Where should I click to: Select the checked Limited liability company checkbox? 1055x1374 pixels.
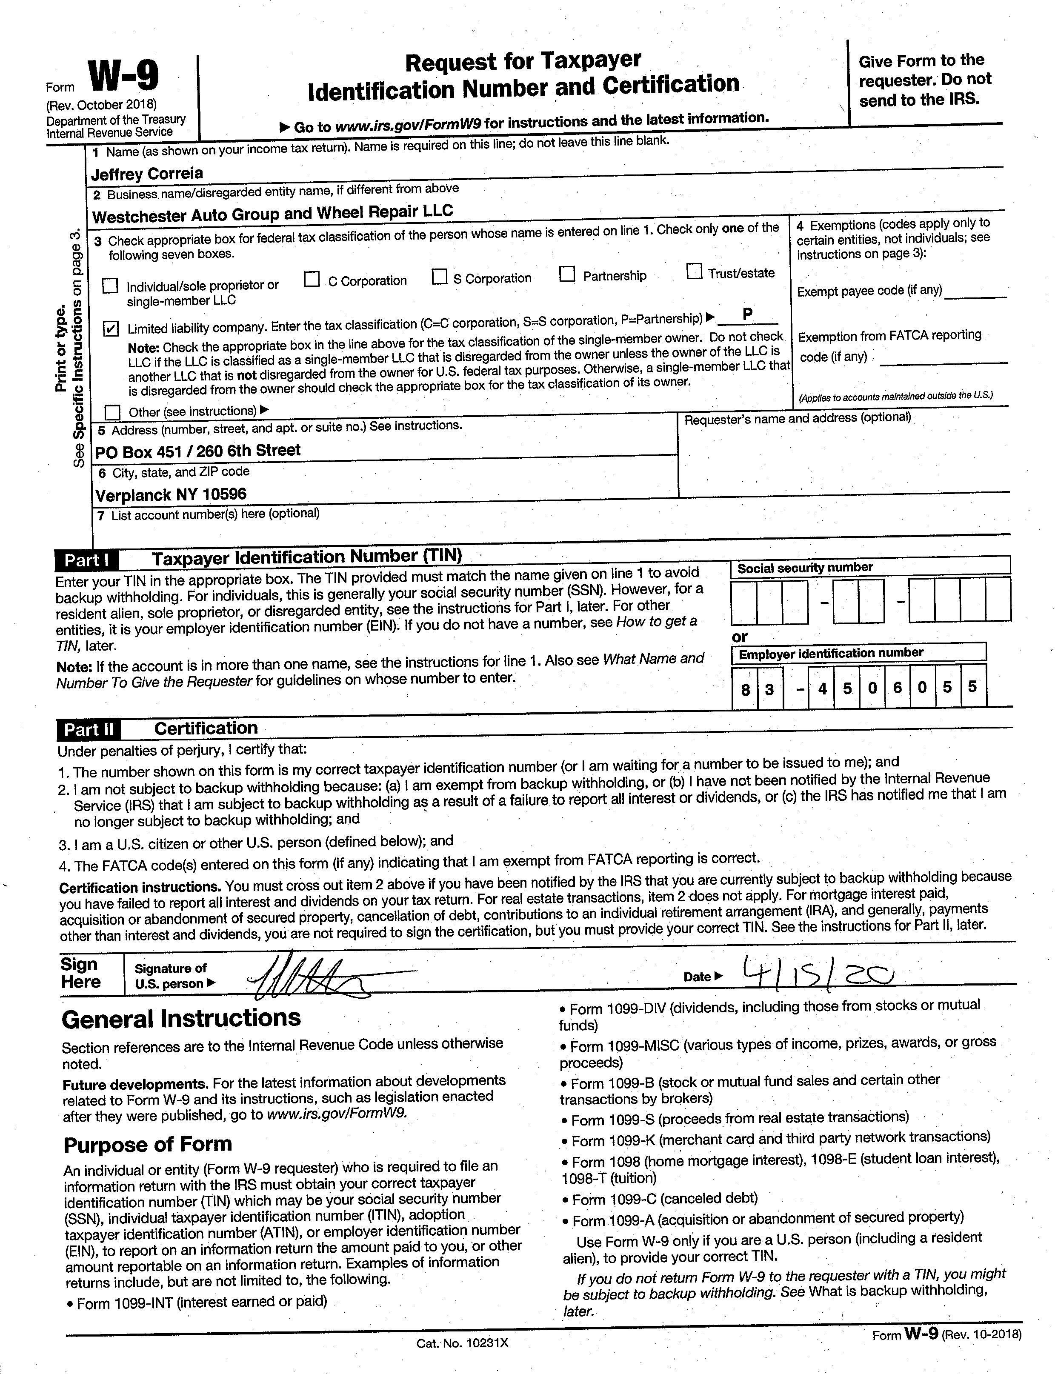coord(111,329)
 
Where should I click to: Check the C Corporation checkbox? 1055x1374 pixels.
coord(312,280)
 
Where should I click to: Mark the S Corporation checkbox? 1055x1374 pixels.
coord(440,277)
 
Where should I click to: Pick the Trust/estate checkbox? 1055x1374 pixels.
coord(694,271)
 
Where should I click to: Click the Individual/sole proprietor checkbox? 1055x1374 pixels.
coord(111,286)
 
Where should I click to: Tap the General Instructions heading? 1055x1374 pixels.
coord(181,1019)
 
